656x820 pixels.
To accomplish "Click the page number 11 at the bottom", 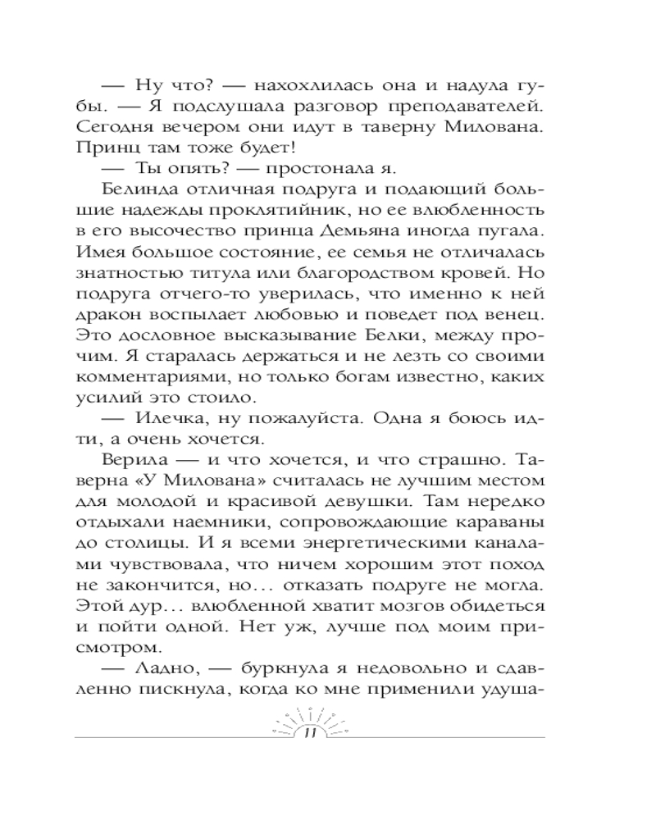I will [309, 734].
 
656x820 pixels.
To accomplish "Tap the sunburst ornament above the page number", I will [309, 718].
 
